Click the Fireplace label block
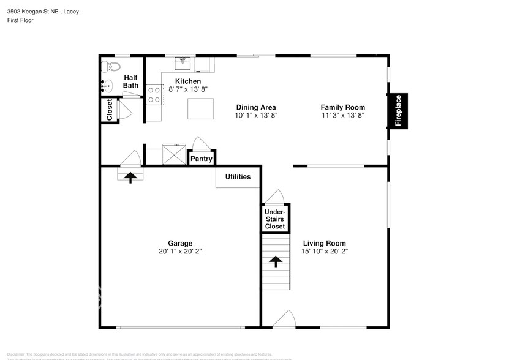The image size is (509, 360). (x=398, y=111)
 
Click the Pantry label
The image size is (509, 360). (x=201, y=159)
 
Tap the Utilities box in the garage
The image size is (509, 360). (x=238, y=177)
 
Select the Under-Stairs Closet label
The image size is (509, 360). (x=274, y=219)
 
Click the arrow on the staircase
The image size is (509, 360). (x=275, y=261)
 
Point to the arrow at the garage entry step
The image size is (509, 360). (x=130, y=176)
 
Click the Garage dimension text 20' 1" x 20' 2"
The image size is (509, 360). (x=181, y=251)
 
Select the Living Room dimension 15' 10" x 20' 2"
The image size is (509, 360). (x=324, y=251)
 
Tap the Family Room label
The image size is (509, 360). (x=342, y=107)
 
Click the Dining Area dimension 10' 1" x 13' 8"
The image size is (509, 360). (x=257, y=115)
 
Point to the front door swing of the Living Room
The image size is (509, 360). (x=284, y=319)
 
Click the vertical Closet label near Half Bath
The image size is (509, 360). (x=110, y=111)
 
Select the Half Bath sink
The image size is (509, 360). (x=107, y=86)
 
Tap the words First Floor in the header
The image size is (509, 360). (x=20, y=20)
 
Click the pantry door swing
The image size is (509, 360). (x=200, y=143)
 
